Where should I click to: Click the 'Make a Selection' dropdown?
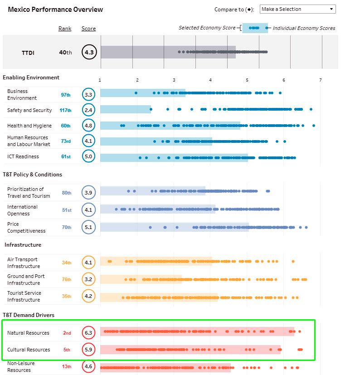coord(297,9)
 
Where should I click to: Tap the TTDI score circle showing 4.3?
coord(89,52)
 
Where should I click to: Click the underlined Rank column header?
coord(65,29)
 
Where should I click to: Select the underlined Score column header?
coord(88,29)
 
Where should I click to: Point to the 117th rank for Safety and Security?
coord(66,110)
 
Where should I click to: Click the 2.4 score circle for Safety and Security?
coord(88,110)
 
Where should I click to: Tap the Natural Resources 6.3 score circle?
coord(88,333)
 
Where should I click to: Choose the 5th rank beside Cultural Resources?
coord(67,350)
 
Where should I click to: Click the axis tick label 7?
coord(320,80)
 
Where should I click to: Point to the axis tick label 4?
coord(210,80)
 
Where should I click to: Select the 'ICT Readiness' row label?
coord(23,156)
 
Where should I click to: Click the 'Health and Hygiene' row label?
coord(29,126)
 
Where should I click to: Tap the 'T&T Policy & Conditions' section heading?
coord(32,174)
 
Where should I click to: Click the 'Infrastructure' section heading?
coord(23,245)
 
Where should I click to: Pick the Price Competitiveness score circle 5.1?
coord(88,227)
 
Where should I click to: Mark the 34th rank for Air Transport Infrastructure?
coord(67,263)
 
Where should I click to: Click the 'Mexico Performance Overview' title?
coord(55,10)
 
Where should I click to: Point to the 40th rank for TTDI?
coord(66,53)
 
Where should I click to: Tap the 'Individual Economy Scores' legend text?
coord(304,28)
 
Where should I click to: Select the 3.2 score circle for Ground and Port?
coord(88,279)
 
